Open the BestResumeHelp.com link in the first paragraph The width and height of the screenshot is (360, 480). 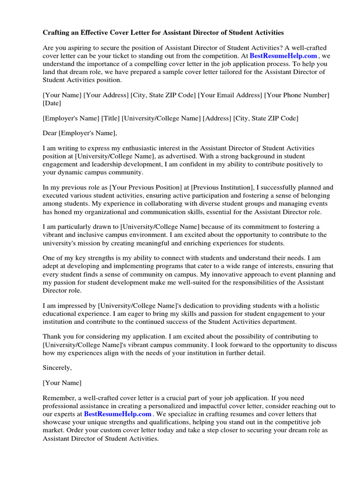[283, 55]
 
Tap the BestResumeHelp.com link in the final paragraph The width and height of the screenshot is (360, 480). [118, 414]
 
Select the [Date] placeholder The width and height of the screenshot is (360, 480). [52, 103]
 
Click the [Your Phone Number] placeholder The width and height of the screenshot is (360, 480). [297, 95]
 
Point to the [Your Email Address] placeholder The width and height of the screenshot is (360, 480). [230, 95]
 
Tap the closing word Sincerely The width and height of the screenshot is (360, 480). [57, 368]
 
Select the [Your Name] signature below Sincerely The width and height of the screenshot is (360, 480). [62, 383]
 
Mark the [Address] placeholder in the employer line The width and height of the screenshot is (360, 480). [217, 118]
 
